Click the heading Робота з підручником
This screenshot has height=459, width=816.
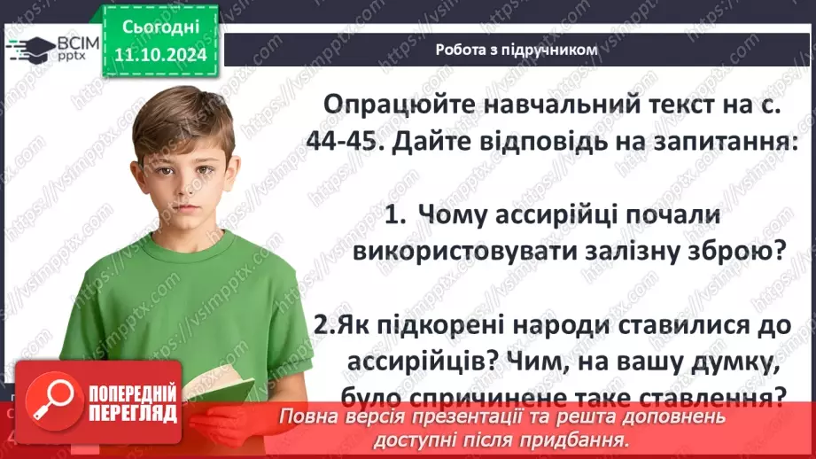517,50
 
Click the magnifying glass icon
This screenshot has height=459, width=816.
48,403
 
